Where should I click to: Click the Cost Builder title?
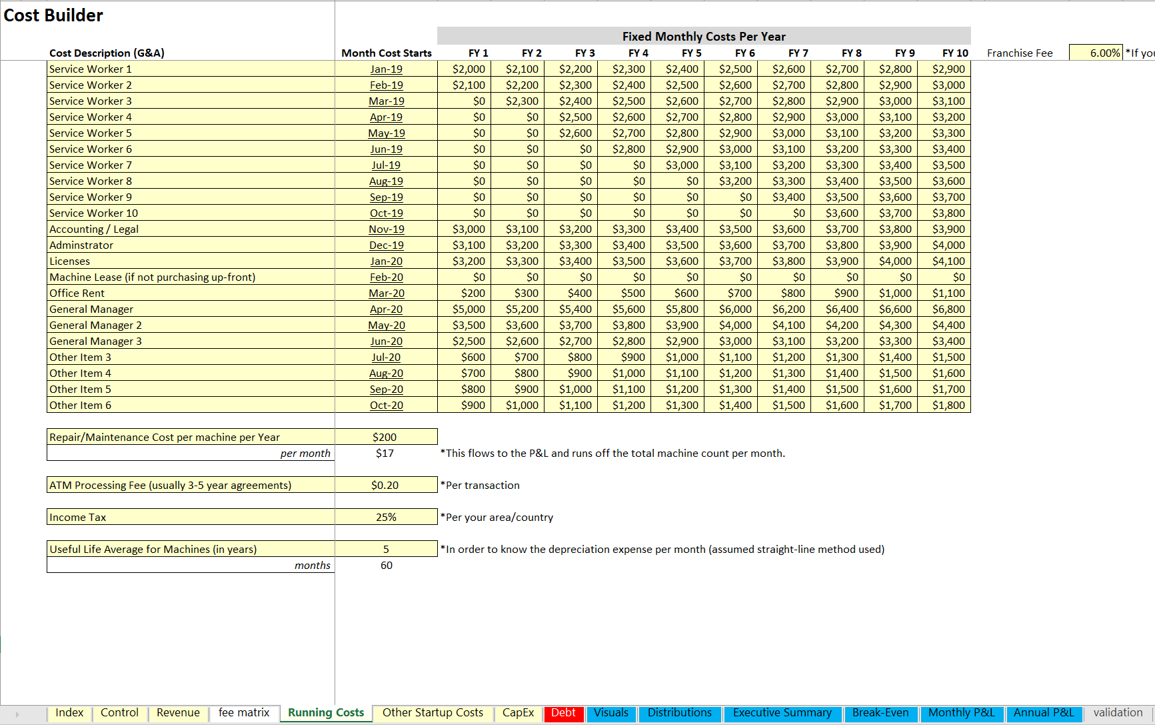(53, 15)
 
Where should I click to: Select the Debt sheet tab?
(563, 713)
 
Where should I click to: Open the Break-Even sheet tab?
(880, 713)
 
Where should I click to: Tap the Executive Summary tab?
(782, 713)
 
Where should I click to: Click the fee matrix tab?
(244, 713)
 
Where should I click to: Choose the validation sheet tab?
(1118, 713)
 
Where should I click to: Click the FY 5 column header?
(691, 53)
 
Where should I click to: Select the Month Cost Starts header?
(387, 53)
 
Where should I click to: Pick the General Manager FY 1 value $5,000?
(469, 309)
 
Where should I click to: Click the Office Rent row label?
(77, 293)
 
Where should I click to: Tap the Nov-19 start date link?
(387, 229)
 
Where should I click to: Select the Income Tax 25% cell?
(386, 518)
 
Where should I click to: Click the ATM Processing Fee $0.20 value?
(385, 486)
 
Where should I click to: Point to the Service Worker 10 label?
(94, 213)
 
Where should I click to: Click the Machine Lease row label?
(153, 277)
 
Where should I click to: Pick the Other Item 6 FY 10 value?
(948, 406)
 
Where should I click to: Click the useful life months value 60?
(387, 566)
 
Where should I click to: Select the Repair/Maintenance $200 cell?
(385, 438)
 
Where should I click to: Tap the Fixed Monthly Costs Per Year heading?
(704, 37)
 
